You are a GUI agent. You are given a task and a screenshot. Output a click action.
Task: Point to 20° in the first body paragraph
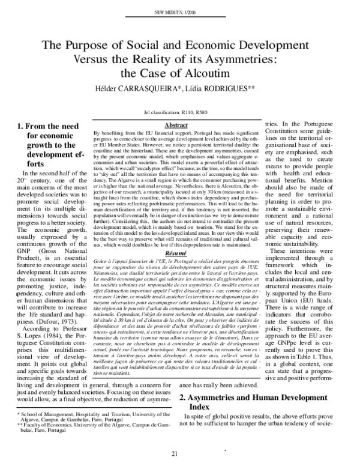coord(22,213)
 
